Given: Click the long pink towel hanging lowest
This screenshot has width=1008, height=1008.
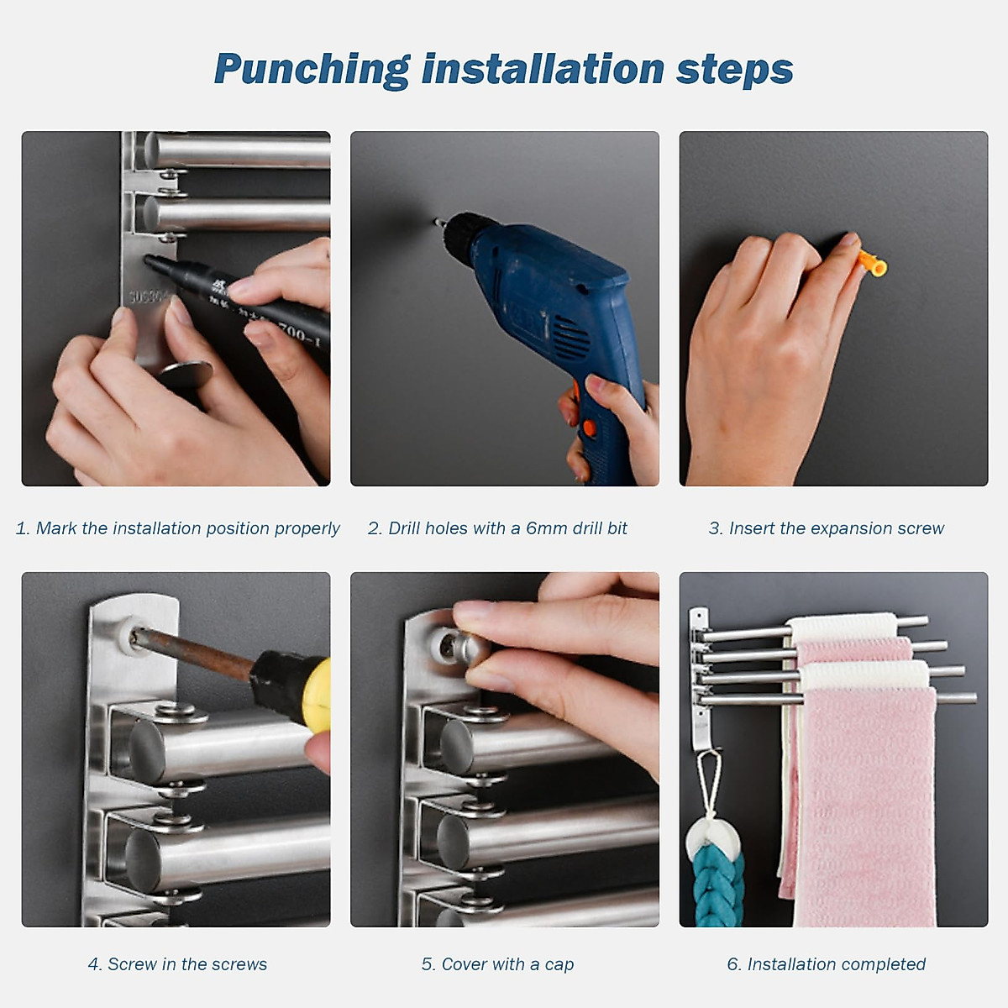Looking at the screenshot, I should tap(865, 806).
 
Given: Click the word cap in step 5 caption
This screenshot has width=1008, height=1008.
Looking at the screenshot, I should tap(559, 965).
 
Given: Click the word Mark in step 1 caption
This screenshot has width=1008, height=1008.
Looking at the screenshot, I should tap(55, 528).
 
